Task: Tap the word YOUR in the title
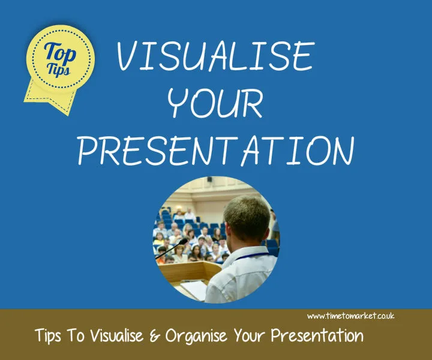[215, 104]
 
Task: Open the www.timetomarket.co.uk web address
[351, 316]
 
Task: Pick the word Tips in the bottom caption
[50, 336]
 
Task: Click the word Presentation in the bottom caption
[320, 335]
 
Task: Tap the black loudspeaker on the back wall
[209, 179]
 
